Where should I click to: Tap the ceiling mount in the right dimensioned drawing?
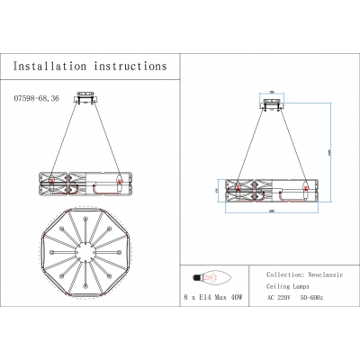click(x=271, y=102)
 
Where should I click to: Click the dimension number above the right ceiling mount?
click(x=271, y=92)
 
